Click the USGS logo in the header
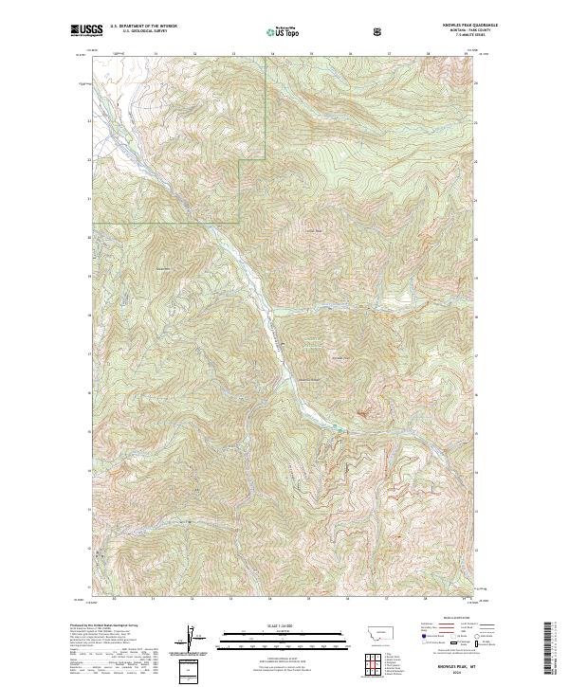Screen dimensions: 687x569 click(87, 31)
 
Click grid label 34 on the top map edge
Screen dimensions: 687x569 click(271, 54)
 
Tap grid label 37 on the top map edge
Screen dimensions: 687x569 click(389, 54)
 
